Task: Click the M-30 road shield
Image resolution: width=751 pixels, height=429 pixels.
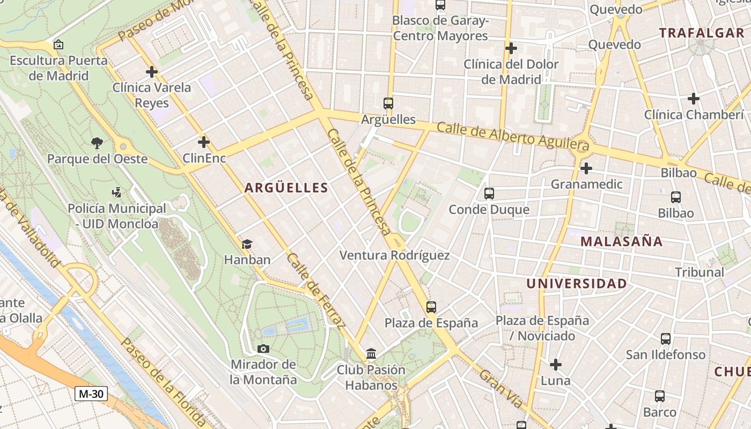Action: click(x=91, y=394)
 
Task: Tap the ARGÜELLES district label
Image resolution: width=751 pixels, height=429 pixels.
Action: click(x=286, y=188)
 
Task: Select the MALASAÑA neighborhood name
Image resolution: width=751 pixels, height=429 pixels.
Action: click(x=621, y=241)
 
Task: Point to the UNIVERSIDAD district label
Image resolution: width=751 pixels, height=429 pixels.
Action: click(x=576, y=284)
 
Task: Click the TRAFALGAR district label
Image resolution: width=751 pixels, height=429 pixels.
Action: click(x=702, y=33)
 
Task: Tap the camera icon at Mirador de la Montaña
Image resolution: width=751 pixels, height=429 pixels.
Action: click(x=263, y=349)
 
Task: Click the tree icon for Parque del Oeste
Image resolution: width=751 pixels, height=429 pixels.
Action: click(x=97, y=143)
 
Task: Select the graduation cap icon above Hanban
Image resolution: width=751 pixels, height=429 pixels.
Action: click(x=247, y=245)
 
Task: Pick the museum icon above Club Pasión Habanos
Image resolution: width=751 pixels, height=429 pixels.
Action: click(x=371, y=354)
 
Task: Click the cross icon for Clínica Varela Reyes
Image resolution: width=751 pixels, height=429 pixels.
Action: click(x=152, y=71)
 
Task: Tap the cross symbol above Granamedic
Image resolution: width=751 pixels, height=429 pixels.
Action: click(x=586, y=168)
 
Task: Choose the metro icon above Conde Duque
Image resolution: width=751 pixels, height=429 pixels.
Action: click(x=489, y=194)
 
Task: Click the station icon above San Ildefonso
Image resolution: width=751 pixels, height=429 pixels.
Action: click(x=666, y=339)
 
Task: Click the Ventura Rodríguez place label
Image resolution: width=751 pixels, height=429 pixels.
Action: click(x=394, y=255)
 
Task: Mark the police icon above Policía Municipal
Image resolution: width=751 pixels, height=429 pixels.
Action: click(x=116, y=192)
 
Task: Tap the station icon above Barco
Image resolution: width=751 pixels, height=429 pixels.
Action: click(x=659, y=396)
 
